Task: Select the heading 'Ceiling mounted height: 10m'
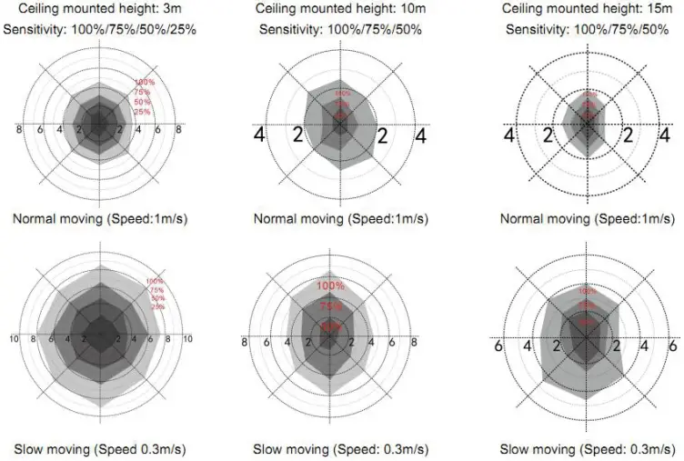point(341,9)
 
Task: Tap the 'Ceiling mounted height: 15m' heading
point(588,9)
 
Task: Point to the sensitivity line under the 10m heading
point(341,29)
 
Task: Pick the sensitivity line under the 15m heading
point(588,29)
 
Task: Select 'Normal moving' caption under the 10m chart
point(341,218)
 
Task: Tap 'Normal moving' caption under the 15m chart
point(588,218)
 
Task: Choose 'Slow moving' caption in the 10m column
point(341,449)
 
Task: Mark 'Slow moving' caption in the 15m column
point(588,449)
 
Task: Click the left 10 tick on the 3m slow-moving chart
point(14,339)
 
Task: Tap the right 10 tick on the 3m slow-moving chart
point(188,339)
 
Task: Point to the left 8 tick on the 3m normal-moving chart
point(20,130)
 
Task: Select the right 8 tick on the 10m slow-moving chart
point(415,343)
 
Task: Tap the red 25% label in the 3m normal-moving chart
point(142,111)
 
